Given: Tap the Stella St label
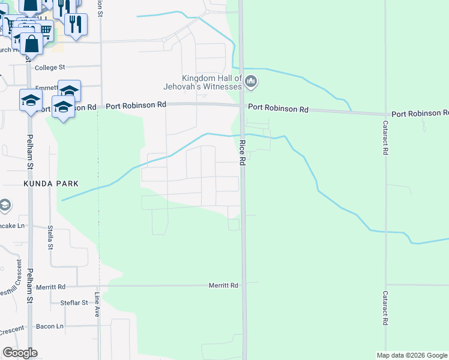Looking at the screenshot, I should (50, 238).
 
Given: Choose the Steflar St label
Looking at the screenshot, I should (74, 302).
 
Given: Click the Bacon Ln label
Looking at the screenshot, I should (49, 326).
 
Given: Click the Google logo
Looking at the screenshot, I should (20, 353).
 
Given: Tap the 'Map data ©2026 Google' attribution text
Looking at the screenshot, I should (412, 355).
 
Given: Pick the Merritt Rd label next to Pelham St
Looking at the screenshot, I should (50, 287).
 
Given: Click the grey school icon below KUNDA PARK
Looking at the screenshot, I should (5, 206).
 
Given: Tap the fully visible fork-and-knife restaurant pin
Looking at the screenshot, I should (76, 24).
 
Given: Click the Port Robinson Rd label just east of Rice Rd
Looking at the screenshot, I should (278, 109).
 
